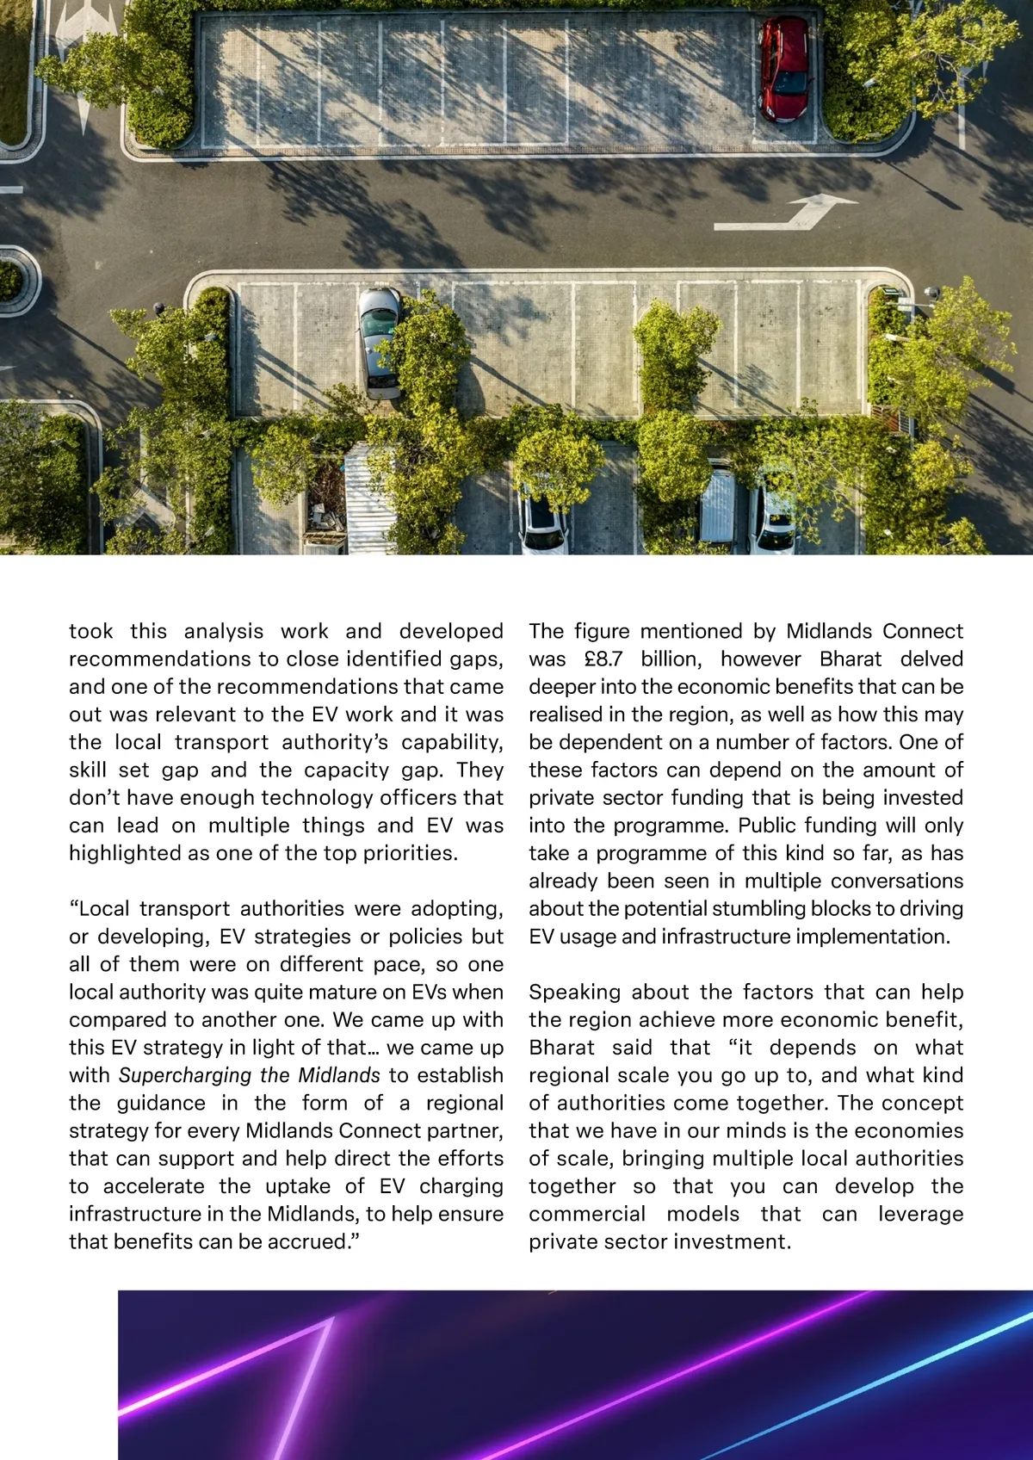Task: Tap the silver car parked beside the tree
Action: coord(379,342)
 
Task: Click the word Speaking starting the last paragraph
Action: coord(572,993)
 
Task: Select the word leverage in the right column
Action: coord(920,1215)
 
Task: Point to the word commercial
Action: coord(586,1215)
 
